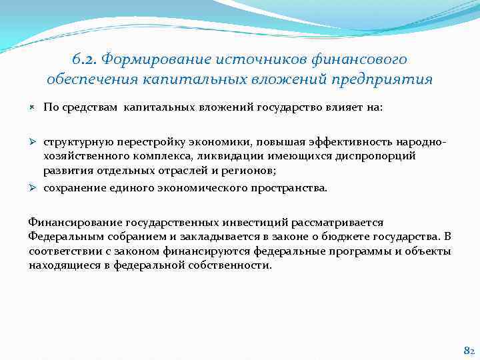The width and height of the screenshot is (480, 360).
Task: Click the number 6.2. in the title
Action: [85, 60]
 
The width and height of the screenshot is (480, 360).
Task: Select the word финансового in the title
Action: [365, 60]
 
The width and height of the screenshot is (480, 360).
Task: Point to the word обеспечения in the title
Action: [88, 80]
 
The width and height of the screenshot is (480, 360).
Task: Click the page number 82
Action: [468, 350]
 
